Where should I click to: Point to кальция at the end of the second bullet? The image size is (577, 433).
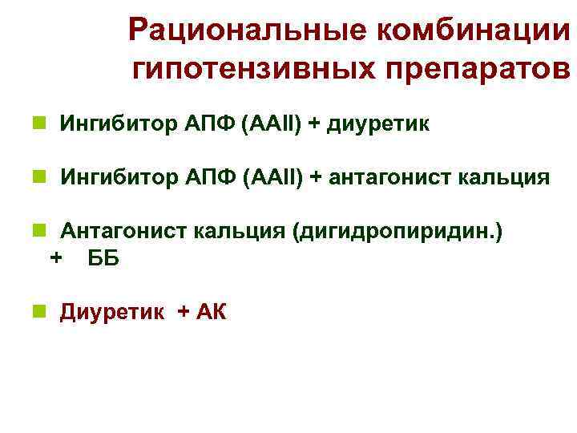[503, 178]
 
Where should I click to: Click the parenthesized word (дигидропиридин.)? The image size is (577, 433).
[398, 233]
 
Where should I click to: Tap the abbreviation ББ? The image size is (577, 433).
[103, 259]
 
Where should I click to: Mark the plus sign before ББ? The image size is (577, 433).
[55, 258]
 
